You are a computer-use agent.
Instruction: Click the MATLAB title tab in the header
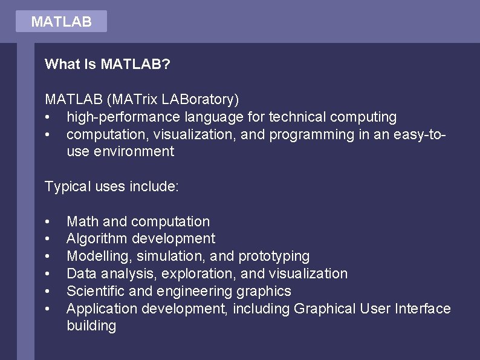61,22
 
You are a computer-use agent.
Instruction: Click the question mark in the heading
166,64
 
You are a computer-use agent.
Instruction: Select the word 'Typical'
68,187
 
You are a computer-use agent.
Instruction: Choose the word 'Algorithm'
97,239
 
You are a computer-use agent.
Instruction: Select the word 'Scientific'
96,291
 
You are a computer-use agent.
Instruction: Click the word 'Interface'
423,309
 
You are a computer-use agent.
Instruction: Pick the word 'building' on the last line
91,326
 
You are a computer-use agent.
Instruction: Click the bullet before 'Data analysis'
47,274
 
